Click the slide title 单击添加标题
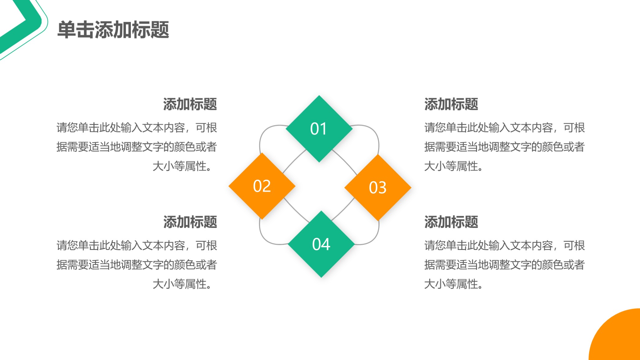[113, 30]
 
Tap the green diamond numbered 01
[319, 128]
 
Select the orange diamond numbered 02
[262, 186]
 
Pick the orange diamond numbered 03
[378, 187]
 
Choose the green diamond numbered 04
[321, 244]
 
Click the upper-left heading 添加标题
[190, 104]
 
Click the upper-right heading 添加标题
[451, 104]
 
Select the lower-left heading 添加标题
[190, 222]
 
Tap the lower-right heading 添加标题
[451, 222]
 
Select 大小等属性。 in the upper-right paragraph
[454, 166]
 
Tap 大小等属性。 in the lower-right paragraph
[454, 284]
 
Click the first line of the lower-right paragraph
[504, 245]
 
